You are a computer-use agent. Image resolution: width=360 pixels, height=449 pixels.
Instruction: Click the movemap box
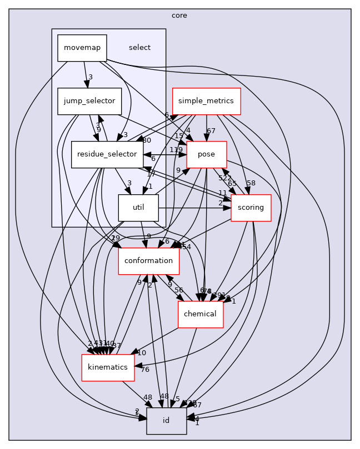tap(82, 48)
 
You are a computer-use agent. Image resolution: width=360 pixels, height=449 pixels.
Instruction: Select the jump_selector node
tap(89, 102)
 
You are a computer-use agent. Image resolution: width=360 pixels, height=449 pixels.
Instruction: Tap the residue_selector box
tap(107, 155)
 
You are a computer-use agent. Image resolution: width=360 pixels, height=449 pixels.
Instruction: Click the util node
tap(138, 208)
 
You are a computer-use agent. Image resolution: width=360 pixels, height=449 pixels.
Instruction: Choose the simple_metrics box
tap(206, 102)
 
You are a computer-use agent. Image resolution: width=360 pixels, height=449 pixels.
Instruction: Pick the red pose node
tap(207, 155)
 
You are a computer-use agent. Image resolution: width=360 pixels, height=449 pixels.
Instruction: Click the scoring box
tap(251, 208)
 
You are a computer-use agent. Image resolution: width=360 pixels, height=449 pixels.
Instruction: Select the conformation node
tap(148, 261)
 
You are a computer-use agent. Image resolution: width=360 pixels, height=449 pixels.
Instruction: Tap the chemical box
tap(200, 314)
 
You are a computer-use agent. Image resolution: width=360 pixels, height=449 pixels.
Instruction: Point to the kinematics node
tap(108, 367)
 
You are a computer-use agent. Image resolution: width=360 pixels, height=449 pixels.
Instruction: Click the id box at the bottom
tap(166, 421)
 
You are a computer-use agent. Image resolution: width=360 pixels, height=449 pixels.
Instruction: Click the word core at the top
tap(179, 16)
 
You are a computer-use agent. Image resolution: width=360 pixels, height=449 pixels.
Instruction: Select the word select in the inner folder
tap(139, 48)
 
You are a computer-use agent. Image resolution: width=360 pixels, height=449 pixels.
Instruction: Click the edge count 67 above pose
tap(211, 131)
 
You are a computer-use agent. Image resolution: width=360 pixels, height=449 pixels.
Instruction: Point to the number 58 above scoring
tap(251, 183)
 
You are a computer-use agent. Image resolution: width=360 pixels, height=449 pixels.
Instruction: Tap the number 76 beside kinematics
tap(146, 370)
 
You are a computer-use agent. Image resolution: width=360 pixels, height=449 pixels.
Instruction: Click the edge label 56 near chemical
tap(179, 290)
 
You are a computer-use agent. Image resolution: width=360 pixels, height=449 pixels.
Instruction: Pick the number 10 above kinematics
tap(142, 353)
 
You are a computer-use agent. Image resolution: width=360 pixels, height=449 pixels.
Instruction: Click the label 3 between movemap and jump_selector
tap(90, 77)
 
